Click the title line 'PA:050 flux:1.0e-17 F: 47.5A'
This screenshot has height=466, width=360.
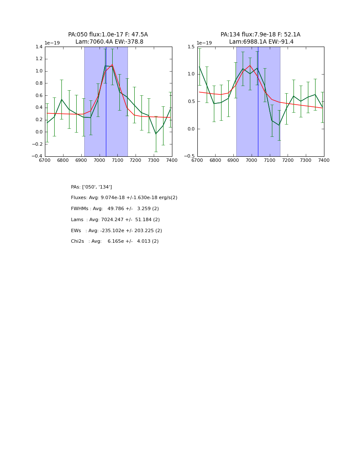click(108, 35)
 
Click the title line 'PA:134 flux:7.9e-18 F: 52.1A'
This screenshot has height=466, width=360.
click(260, 35)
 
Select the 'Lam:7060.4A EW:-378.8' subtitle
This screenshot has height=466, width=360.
click(109, 42)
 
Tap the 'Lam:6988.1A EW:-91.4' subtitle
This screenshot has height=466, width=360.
click(261, 42)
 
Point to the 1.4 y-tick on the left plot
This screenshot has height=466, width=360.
click(39, 47)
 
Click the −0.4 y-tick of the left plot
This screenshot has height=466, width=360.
click(38, 156)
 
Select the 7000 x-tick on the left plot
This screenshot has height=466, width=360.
click(99, 161)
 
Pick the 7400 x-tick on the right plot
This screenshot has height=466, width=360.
click(324, 161)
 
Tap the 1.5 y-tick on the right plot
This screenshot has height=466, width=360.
click(191, 47)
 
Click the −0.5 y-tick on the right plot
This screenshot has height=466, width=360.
click(190, 156)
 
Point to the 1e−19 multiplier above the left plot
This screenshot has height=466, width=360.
click(52, 43)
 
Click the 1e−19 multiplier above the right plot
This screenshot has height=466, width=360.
click(204, 43)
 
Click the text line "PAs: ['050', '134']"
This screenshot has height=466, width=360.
click(91, 187)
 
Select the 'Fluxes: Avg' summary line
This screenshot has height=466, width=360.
click(124, 198)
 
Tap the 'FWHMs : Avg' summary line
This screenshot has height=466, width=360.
click(115, 209)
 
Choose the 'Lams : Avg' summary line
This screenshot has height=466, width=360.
click(115, 220)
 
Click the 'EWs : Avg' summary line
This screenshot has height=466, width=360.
click(116, 231)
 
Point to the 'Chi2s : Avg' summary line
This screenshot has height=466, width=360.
click(115, 241)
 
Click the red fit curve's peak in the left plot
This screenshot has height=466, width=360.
click(112, 65)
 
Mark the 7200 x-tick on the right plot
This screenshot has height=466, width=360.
click(288, 161)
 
